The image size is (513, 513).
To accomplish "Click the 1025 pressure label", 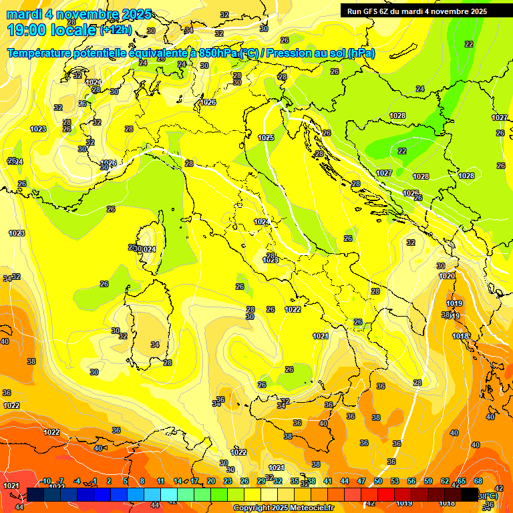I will click(x=266, y=138).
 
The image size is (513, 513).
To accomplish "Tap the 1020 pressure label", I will click(x=447, y=276).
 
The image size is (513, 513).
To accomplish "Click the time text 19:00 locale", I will click(x=51, y=29).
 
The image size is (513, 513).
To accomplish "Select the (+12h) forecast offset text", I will click(x=116, y=29).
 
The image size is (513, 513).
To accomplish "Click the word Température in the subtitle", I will click(x=41, y=53).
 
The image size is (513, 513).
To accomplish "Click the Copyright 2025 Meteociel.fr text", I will click(x=283, y=508).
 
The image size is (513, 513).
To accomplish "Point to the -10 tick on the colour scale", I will click(x=45, y=481).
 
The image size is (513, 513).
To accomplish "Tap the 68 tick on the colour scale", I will click(x=478, y=481).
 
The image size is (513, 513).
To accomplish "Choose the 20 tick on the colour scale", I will click(x=210, y=481).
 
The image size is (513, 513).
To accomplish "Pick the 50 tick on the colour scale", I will click(x=378, y=481).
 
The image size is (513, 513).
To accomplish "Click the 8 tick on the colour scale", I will click(x=142, y=481).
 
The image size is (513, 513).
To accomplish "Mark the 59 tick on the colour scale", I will click(x=428, y=481).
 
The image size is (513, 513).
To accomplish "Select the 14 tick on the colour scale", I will click(x=178, y=481).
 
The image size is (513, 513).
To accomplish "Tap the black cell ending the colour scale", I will click(x=470, y=494).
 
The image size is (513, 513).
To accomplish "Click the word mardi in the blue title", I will click(x=23, y=14).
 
